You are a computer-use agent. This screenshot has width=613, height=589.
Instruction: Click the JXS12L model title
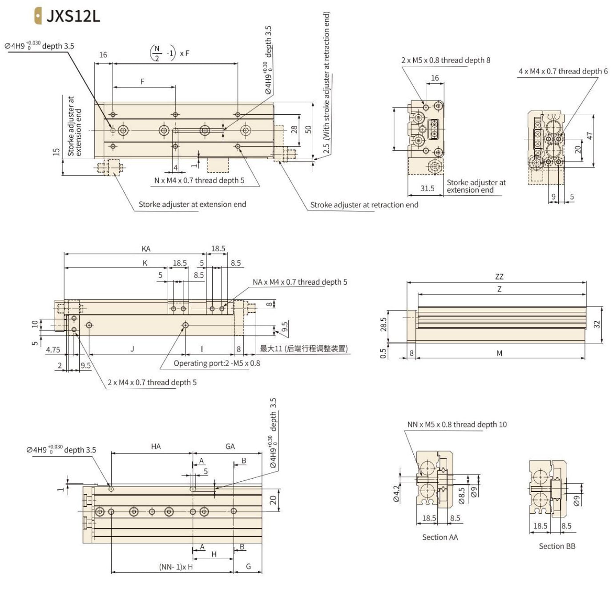(x=73, y=16)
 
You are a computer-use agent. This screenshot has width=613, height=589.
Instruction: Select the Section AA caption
(x=440, y=537)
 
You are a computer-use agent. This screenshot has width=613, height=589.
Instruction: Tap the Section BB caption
(x=557, y=546)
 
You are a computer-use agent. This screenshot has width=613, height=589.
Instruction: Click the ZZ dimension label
(x=499, y=276)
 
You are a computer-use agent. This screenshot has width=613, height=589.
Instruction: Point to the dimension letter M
(x=499, y=353)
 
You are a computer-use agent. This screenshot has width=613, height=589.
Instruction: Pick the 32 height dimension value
(x=597, y=324)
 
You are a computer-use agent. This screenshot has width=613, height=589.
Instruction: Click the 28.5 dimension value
(x=383, y=324)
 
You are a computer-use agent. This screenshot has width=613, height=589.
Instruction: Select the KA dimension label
(x=146, y=249)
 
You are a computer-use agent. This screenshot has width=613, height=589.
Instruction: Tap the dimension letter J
(x=132, y=349)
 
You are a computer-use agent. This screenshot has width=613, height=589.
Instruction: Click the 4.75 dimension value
(x=53, y=350)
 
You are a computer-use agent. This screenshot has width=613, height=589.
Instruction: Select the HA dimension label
(x=156, y=446)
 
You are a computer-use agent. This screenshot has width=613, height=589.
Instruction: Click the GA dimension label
(x=230, y=446)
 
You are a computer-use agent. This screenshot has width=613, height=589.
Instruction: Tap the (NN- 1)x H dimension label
(x=176, y=567)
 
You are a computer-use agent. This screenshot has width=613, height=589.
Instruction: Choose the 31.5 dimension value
(x=427, y=188)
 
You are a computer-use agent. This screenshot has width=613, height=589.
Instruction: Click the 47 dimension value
(x=590, y=135)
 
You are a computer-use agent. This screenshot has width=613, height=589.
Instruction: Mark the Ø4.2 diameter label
(x=396, y=494)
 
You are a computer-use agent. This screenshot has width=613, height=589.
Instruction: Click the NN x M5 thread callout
(x=457, y=424)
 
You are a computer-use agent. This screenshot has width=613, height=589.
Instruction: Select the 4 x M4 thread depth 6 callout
(x=563, y=71)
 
